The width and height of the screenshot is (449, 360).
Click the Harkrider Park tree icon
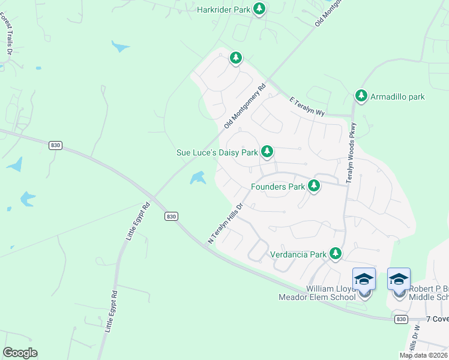(x=259, y=9)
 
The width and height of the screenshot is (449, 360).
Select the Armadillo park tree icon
(x=361, y=95)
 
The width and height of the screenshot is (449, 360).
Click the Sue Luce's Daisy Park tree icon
(x=267, y=152)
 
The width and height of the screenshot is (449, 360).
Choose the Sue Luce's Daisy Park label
(x=217, y=153)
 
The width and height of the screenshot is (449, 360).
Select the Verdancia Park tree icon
(x=336, y=254)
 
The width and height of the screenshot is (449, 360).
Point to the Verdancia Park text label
(x=298, y=254)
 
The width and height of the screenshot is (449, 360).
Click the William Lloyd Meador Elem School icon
(x=364, y=280)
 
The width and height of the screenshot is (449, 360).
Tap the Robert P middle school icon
(x=399, y=280)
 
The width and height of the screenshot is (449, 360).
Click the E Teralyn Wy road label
(x=307, y=107)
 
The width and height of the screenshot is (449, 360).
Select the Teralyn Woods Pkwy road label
(x=352, y=153)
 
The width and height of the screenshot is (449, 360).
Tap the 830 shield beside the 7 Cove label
(x=401, y=320)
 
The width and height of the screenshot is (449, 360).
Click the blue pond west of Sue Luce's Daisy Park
(x=197, y=178)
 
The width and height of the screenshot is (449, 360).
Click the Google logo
(x=20, y=353)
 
